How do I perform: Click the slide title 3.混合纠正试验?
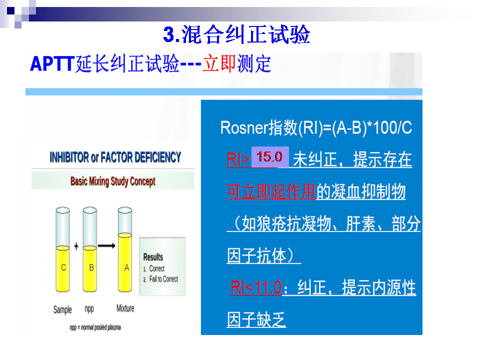236,34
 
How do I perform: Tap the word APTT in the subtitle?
52,63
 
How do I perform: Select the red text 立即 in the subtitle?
219,63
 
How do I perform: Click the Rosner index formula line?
316,127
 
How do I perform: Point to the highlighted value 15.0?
269,156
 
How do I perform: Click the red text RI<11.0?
256,287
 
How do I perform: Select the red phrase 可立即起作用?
271,191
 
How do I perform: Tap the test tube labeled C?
63,249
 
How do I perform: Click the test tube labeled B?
89,249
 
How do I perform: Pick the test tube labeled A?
125,249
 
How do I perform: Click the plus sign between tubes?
76,246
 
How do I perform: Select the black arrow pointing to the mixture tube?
106,245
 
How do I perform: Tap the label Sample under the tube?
62,309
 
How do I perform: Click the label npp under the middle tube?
89,309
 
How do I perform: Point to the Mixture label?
125,308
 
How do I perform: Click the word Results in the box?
153,257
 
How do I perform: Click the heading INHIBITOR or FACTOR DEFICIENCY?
115,157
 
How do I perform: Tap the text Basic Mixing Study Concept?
112,181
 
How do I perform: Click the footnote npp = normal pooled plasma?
95,327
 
